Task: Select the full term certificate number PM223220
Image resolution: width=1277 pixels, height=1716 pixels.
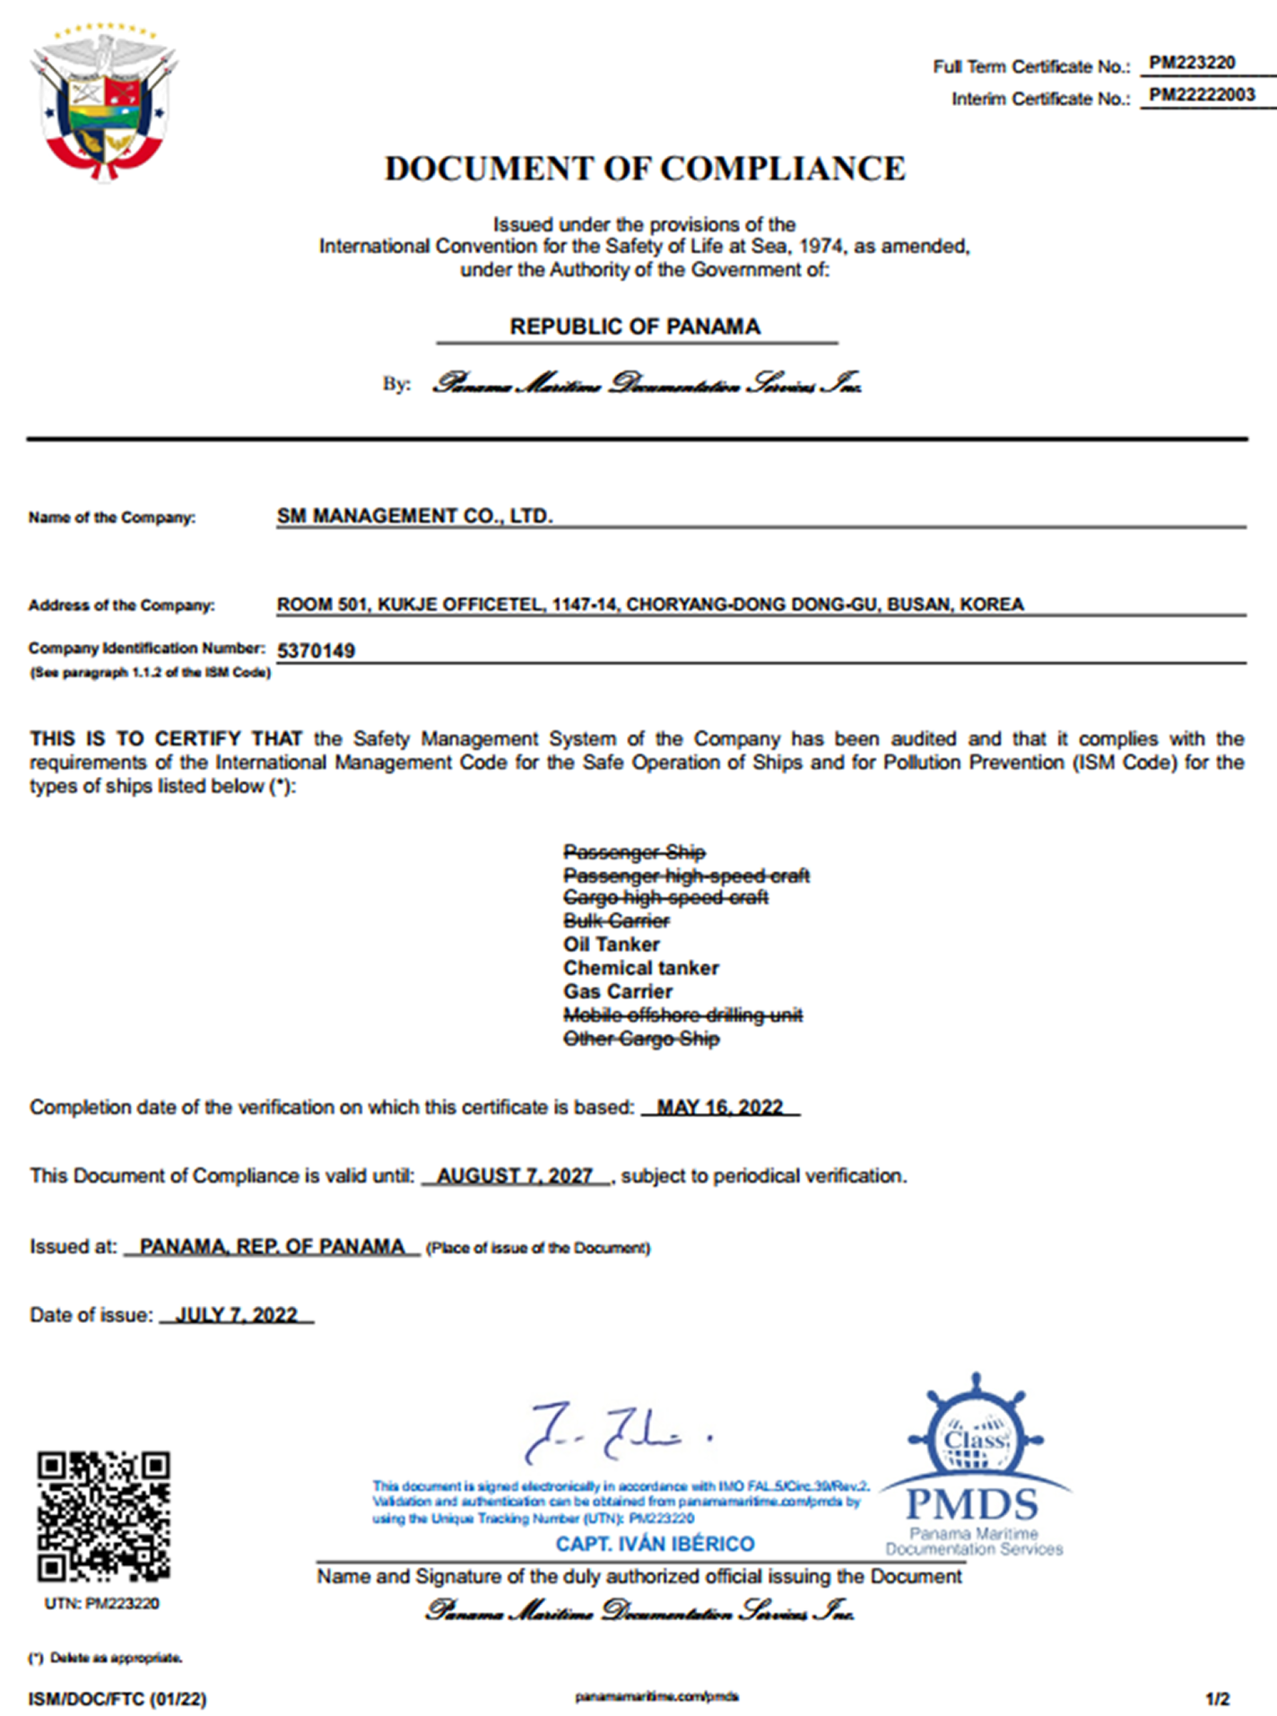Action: tap(1192, 63)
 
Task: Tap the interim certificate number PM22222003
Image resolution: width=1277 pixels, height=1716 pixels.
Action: tap(1202, 95)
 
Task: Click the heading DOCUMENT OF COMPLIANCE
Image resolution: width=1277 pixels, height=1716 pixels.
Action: tap(645, 169)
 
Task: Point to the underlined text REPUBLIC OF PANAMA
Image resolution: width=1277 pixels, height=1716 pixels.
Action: tap(635, 327)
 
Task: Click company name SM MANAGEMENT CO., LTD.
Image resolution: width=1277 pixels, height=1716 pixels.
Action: tap(414, 516)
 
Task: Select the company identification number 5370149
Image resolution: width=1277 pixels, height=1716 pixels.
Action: tap(316, 650)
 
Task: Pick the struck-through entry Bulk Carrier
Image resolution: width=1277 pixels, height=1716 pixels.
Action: tap(616, 921)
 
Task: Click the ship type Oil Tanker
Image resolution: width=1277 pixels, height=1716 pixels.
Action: tap(611, 945)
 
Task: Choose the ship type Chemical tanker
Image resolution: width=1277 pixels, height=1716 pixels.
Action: tap(640, 968)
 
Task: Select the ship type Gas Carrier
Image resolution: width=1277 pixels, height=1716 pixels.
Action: tap(617, 991)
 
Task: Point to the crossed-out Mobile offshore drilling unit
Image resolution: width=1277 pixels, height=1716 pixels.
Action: tap(682, 1015)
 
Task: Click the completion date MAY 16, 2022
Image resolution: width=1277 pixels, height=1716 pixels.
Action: tap(719, 1107)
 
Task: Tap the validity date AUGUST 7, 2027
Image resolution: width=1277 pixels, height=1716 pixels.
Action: tap(514, 1175)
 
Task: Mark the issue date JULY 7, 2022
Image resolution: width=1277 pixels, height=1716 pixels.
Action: tap(236, 1315)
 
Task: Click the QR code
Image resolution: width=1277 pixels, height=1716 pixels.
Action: tap(103, 1515)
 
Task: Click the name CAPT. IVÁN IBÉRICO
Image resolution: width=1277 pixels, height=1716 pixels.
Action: tap(655, 1544)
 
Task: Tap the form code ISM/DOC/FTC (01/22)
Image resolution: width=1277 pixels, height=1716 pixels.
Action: tap(117, 1699)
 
